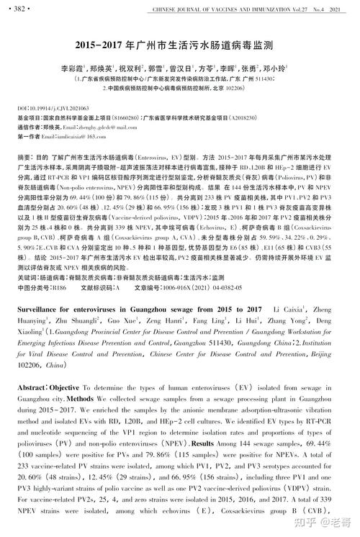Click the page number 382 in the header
click(x=21, y=9)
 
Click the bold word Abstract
click(x=32, y=387)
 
